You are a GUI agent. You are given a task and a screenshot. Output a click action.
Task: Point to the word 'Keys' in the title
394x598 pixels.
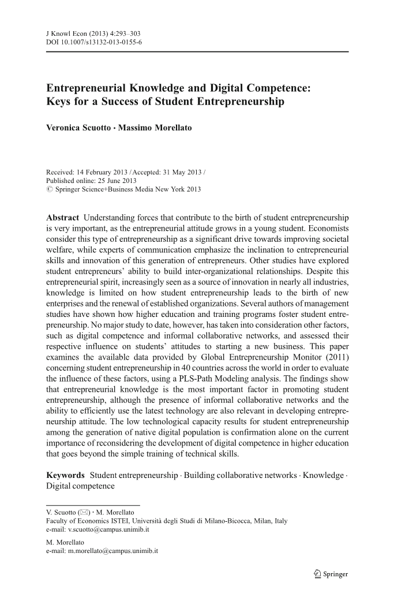click(x=59, y=103)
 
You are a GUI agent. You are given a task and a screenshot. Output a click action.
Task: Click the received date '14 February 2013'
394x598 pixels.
click(x=106, y=171)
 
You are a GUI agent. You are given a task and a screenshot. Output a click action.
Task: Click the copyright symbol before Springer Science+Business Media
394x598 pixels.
click(x=49, y=188)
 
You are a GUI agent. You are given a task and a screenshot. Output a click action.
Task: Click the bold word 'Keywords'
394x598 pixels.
click(x=66, y=475)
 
